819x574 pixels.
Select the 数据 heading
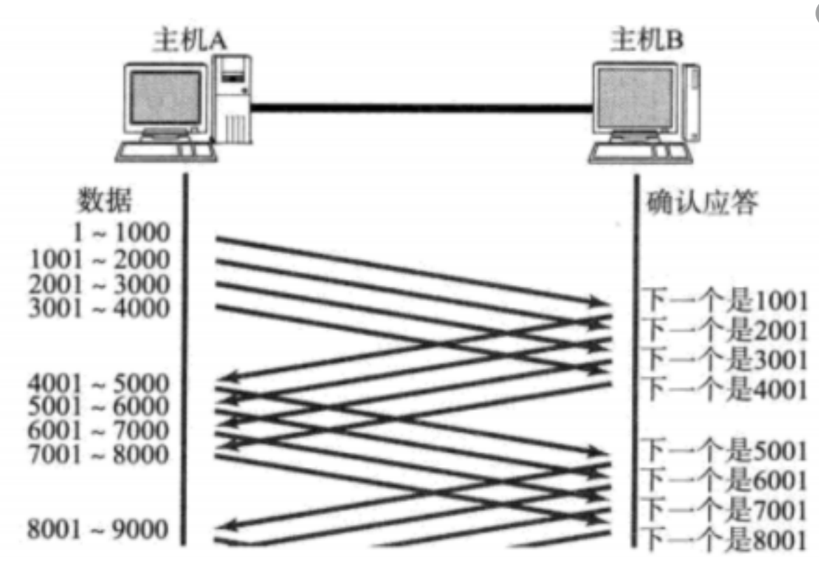tap(104, 201)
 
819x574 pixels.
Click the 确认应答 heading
tap(700, 203)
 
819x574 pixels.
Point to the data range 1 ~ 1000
tap(123, 232)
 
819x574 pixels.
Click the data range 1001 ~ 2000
tap(100, 260)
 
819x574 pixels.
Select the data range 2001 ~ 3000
tap(100, 284)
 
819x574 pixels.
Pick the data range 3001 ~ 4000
tap(100, 308)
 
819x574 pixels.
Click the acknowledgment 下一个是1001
tap(725, 302)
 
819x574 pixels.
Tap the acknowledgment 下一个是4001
tap(725, 387)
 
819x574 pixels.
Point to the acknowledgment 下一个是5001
tap(725, 451)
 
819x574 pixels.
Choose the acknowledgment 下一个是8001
tap(725, 540)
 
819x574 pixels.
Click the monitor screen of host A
tap(166, 96)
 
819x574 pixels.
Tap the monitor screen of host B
tap(636, 96)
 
